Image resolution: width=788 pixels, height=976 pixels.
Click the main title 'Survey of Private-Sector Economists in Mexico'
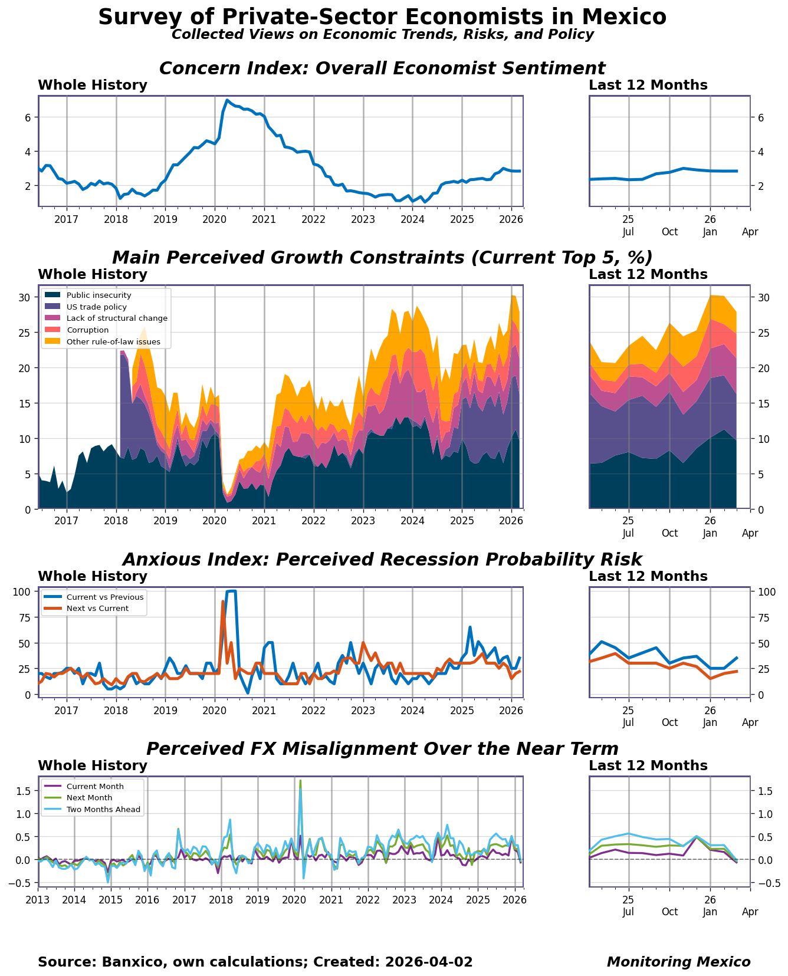click(382, 17)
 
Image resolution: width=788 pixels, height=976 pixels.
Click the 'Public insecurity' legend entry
click(98, 295)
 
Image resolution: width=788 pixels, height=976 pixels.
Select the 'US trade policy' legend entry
click(96, 307)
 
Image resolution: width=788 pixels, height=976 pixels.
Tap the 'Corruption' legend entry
click(87, 330)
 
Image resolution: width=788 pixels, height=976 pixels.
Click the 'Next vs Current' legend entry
click(97, 609)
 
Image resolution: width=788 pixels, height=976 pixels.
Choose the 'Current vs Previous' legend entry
click(105, 597)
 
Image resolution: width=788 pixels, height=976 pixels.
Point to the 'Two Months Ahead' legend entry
click(103, 810)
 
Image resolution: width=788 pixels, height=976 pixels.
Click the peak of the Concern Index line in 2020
click(227, 100)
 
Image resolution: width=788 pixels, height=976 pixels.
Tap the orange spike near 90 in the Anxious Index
click(223, 602)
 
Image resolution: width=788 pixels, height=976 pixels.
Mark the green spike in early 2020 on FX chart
click(300, 781)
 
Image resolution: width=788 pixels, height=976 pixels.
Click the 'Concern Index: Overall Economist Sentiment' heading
click(382, 68)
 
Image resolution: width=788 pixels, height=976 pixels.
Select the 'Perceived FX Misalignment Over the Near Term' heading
click(382, 749)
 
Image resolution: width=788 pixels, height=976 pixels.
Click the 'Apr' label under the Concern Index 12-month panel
click(750, 232)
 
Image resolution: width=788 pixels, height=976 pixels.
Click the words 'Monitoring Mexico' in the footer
click(678, 962)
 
